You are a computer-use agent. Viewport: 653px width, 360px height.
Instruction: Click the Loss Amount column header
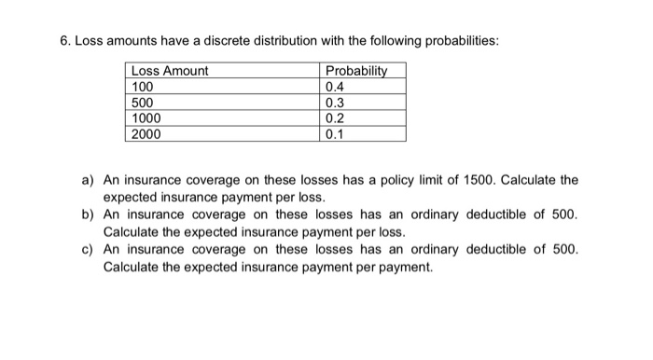coord(170,71)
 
